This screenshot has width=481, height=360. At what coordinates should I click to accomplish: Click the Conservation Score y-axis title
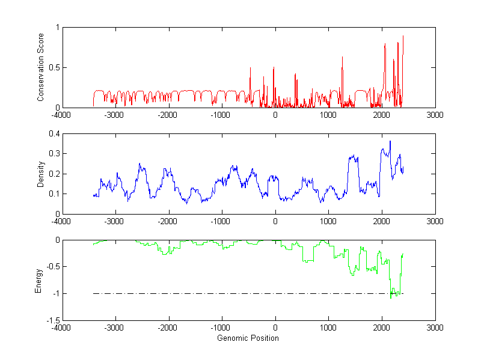pos(41,67)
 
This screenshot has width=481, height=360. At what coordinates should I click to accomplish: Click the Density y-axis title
pos(41,174)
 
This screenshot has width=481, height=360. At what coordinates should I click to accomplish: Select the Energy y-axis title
pos(39,281)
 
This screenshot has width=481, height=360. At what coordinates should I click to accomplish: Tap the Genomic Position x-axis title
pos(248,338)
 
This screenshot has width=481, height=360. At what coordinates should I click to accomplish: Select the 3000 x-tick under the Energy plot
pos(435,328)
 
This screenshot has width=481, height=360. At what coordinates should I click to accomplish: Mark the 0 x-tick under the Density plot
pos(275,221)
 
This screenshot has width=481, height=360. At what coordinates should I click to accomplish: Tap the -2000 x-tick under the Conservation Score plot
pos(168,115)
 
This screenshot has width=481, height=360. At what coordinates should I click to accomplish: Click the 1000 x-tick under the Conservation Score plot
pos(328,115)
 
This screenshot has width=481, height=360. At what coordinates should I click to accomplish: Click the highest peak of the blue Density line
pos(390,141)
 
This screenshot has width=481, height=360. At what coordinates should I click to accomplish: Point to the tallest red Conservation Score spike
pos(403,36)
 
